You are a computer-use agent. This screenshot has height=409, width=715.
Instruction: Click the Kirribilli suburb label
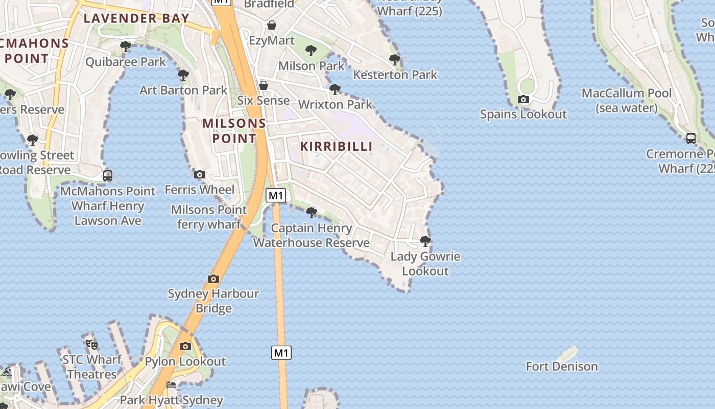click(336, 146)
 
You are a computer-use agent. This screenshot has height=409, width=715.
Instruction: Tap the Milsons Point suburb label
click(234, 131)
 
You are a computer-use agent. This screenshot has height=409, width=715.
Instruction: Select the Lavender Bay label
click(136, 18)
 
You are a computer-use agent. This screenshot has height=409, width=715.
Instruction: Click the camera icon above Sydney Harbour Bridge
click(213, 279)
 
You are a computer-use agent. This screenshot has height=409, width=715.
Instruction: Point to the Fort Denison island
click(568, 354)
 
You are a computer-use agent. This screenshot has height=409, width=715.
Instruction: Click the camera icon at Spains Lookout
click(523, 99)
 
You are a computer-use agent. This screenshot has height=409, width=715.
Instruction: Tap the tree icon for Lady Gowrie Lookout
click(425, 241)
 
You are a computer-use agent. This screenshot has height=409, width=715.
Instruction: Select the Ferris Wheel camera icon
click(200, 174)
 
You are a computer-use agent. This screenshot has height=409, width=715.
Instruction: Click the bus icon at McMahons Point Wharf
click(108, 176)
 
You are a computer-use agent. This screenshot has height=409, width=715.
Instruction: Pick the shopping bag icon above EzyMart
click(272, 25)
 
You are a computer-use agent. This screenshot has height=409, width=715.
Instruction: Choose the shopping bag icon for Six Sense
click(264, 85)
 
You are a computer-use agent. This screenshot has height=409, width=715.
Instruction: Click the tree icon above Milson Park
click(311, 50)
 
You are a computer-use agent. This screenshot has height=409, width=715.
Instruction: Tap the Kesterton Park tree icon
click(395, 59)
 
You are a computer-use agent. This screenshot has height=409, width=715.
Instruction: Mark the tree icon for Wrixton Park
click(335, 89)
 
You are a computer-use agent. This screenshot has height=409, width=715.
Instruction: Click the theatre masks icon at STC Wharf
click(92, 344)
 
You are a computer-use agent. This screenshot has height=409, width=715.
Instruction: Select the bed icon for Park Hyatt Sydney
click(171, 385)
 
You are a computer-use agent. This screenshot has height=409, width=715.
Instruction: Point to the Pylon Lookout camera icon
click(185, 346)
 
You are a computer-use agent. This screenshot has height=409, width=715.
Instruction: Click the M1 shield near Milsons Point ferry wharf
click(276, 195)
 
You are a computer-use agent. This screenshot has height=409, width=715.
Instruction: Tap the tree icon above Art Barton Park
click(183, 75)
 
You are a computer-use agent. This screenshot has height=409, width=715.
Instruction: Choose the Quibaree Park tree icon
click(125, 47)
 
